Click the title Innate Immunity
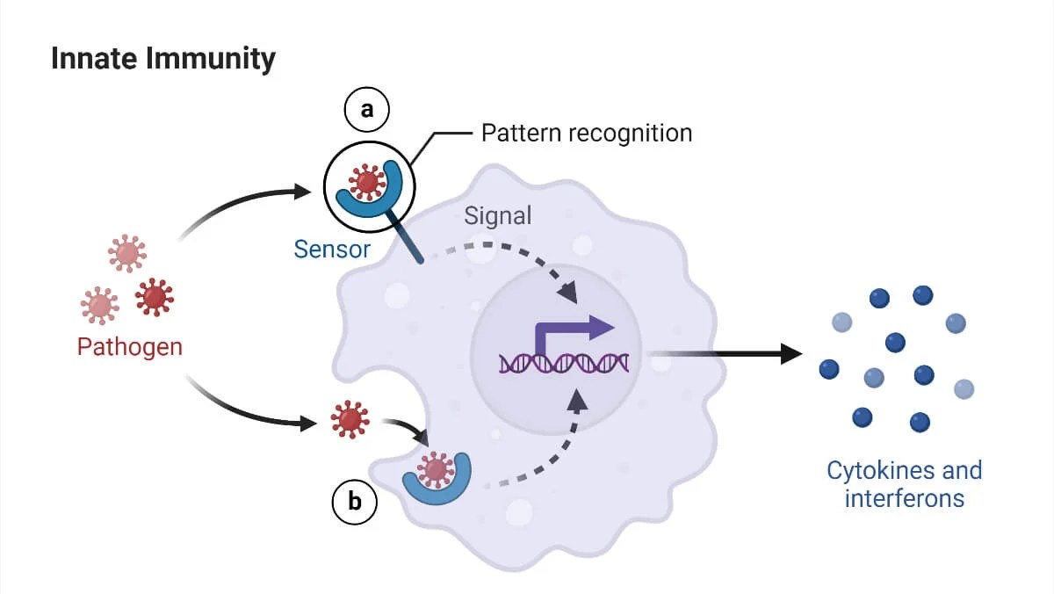pyautogui.click(x=162, y=59)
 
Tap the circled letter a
pyautogui.click(x=367, y=109)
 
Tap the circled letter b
pyautogui.click(x=354, y=502)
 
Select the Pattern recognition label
pyautogui.click(x=587, y=134)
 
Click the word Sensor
pyautogui.click(x=332, y=249)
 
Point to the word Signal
pyautogui.click(x=497, y=214)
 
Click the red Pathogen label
pyautogui.click(x=130, y=346)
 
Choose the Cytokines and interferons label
pyautogui.click(x=904, y=484)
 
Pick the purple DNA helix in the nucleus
pyautogui.click(x=563, y=362)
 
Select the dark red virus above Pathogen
pyautogui.click(x=155, y=297)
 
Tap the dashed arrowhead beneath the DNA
pyautogui.click(x=577, y=400)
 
